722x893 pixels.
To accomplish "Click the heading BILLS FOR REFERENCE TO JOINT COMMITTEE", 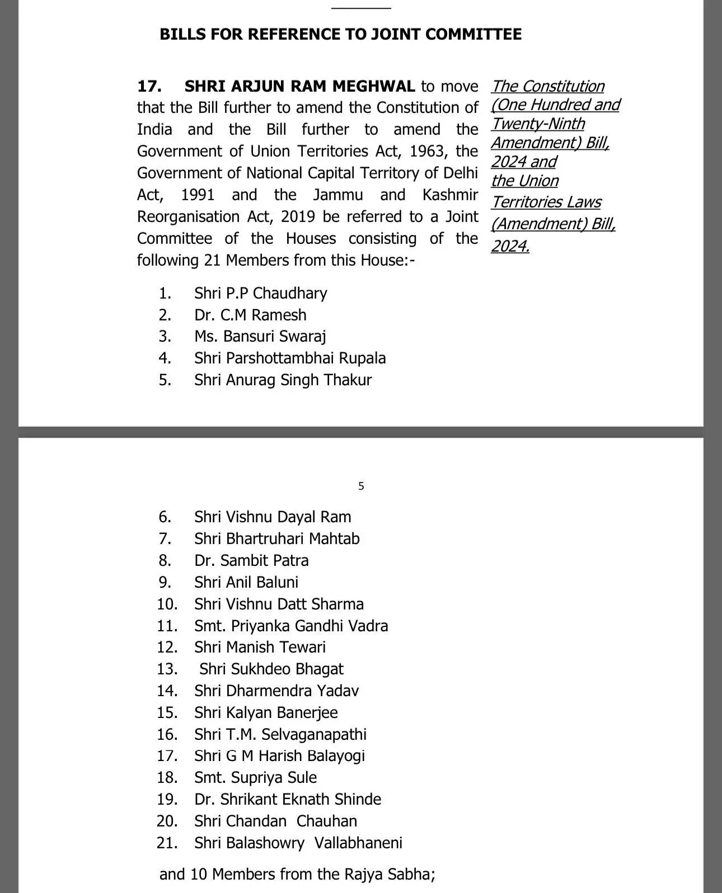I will pos(340,35).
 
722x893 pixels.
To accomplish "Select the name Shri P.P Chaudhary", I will pos(260,294).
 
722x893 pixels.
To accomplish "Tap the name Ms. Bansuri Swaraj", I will pos(260,337).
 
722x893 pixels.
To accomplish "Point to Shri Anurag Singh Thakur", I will pos(283,380).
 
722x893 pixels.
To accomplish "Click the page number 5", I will pos(361,486).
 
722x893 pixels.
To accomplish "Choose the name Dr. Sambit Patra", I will pos(251,561).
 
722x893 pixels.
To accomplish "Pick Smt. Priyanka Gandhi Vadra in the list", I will pos(291,626).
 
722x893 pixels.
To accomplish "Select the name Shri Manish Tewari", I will pos(260,648).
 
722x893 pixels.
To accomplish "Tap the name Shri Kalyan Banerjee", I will pos(266,713).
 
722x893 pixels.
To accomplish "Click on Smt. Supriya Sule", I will pos(255,778).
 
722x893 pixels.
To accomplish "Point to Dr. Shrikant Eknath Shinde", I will pos(288,800).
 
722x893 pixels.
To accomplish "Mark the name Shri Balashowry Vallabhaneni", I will pos(298,843).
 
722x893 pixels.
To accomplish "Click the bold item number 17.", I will pos(149,87).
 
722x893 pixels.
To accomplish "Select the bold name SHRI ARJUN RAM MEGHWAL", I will pos(299,87).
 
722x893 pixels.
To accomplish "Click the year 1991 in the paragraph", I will pos(198,195).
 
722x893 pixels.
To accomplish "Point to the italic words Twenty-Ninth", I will pos(538,124).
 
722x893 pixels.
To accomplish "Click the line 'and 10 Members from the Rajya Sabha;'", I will pos(297,875).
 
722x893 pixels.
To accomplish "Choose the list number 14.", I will pos(167,691).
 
